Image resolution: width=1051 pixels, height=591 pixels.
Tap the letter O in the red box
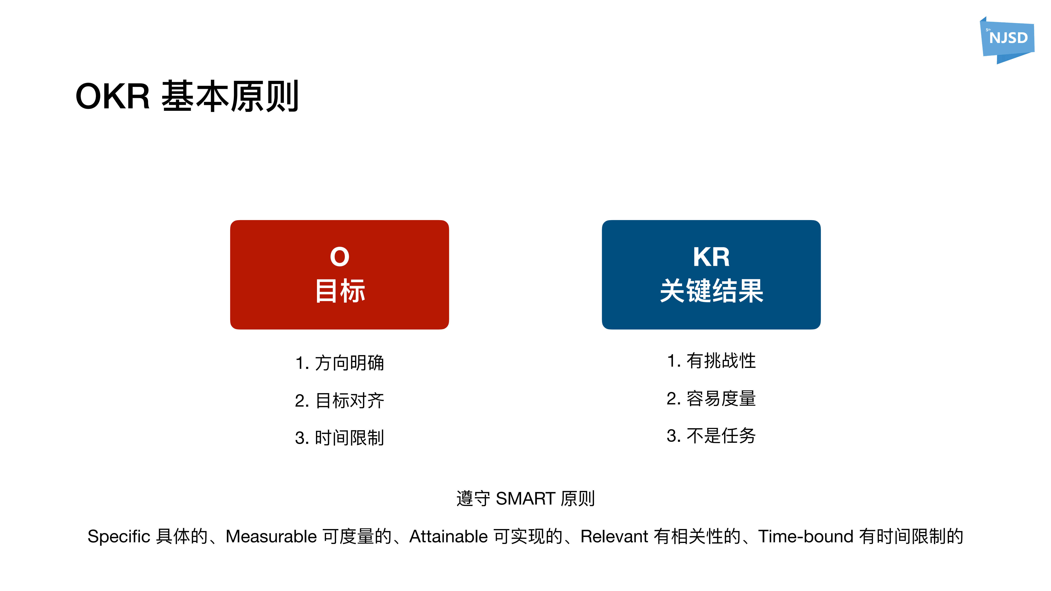[339, 257]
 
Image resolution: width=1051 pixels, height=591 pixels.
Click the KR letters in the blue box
[711, 257]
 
